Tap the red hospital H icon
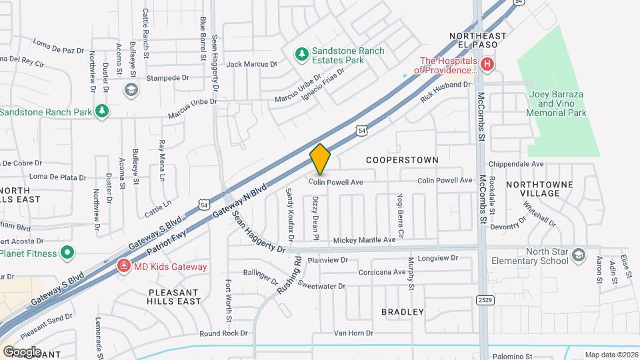[487, 65]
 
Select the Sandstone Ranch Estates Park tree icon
[302, 53]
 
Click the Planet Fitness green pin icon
[67, 253]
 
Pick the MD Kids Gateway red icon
[123, 267]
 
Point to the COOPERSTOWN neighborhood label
[403, 160]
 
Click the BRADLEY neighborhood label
[403, 311]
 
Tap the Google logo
[22, 351]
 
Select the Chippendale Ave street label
[516, 164]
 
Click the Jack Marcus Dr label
[251, 64]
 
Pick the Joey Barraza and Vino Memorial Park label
[557, 104]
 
